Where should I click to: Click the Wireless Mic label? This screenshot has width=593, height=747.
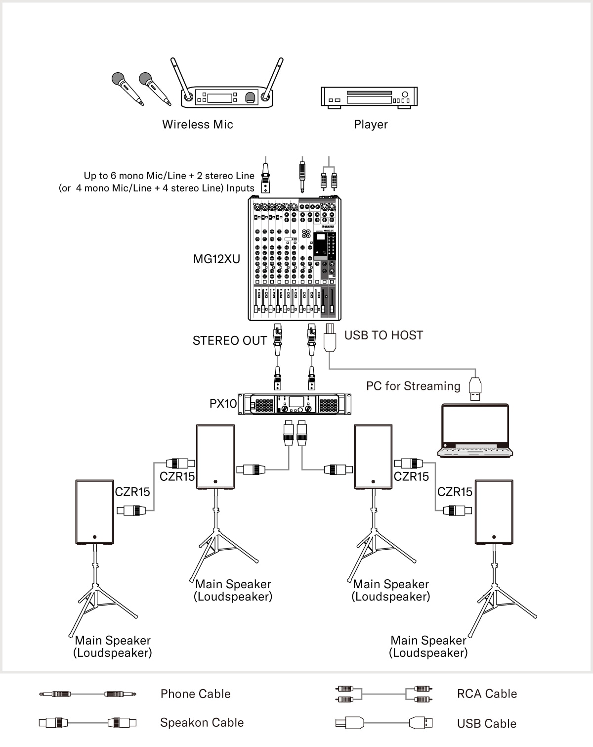click(197, 124)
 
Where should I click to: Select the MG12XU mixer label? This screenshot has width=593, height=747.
click(216, 259)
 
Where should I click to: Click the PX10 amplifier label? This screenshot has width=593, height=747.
click(223, 404)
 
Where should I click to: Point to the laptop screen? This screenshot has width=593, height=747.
click(475, 424)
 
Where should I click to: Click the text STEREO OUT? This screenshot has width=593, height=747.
click(229, 340)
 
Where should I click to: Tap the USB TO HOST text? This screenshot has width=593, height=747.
click(383, 335)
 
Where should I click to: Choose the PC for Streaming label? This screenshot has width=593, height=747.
click(413, 386)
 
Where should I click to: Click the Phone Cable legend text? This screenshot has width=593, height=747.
click(195, 694)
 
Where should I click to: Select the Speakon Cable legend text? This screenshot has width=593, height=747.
click(202, 722)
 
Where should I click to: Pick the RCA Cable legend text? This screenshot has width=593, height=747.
click(487, 694)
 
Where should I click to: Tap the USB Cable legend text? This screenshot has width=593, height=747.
click(486, 723)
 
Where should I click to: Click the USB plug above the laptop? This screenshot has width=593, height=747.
click(475, 389)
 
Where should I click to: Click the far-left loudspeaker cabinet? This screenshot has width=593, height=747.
click(94, 512)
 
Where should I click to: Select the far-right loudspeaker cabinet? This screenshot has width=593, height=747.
click(494, 512)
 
